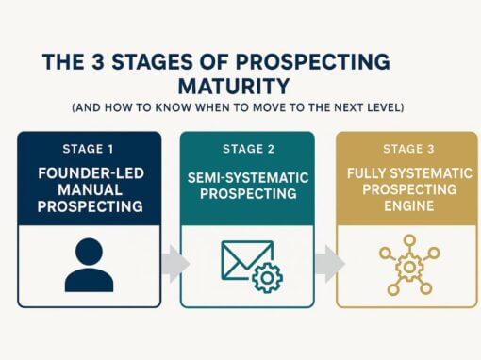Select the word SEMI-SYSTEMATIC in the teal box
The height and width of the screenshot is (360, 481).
click(x=242, y=178)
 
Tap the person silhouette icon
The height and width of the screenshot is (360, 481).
click(x=90, y=265)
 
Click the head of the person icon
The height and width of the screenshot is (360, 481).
click(x=90, y=252)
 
